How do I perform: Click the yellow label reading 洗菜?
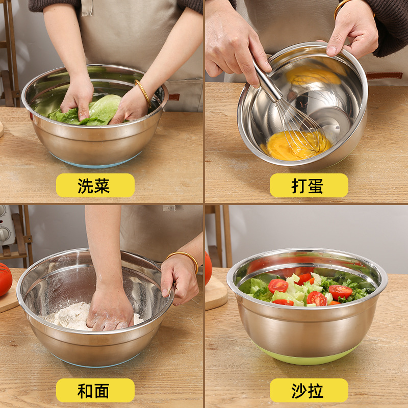[x=95, y=186]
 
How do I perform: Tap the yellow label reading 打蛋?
[x=309, y=186]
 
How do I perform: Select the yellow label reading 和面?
[x=95, y=391]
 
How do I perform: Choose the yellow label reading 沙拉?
[x=309, y=391]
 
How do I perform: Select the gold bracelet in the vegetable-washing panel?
[x=143, y=92]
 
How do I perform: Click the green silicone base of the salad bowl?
[x=306, y=357]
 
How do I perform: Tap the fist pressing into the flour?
[x=110, y=311]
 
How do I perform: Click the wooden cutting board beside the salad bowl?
[x=215, y=293]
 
